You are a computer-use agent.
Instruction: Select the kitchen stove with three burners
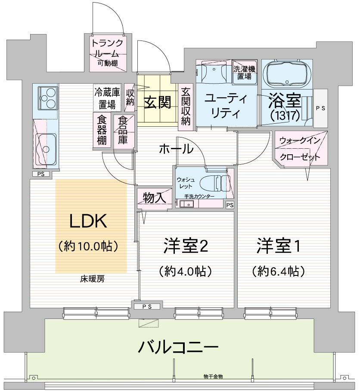coord(48,97)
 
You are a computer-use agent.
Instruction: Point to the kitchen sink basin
coord(45,149)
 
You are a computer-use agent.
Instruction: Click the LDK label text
coord(88,221)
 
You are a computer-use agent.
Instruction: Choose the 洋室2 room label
coord(186,246)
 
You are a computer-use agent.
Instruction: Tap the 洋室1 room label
coord(279,246)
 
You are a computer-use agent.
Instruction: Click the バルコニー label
coord(178,347)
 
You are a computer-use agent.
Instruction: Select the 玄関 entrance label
coord(158,102)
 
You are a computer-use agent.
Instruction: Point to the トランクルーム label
coord(108,48)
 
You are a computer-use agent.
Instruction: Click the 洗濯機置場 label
coord(245,72)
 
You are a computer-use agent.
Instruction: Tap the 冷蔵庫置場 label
coord(107,98)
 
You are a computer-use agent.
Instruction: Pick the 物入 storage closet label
coord(155,197)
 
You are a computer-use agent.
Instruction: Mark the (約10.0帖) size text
coord(88,247)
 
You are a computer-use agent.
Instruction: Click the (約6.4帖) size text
coord(279,271)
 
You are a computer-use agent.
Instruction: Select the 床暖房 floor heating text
coord(92,279)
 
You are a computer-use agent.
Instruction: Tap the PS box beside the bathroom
coord(321,108)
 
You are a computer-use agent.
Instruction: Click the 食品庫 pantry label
coord(123,131)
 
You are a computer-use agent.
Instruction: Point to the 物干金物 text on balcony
coord(213,376)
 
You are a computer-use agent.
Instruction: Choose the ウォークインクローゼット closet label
coord(300,149)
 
